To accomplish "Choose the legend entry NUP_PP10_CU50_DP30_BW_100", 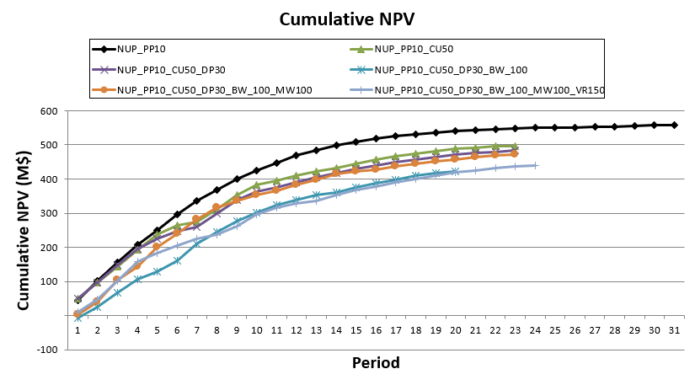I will click(x=451, y=69).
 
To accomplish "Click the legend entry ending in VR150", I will click(x=489, y=89).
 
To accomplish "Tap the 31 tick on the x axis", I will click(x=674, y=330).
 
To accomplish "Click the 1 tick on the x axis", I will click(x=78, y=330).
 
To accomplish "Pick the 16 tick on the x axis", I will click(x=376, y=330).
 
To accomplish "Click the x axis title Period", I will click(x=376, y=363).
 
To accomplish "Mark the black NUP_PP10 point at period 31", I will click(x=674, y=125).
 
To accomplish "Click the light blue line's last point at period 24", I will click(x=535, y=165).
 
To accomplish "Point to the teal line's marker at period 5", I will click(x=157, y=271).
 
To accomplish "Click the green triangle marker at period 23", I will click(x=515, y=146).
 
